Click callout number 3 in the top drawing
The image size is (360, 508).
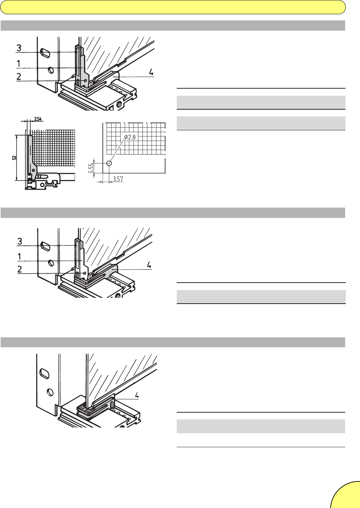[x=19, y=48]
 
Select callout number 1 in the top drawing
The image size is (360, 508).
[x=19, y=64]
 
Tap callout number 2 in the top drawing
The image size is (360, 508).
[x=19, y=77]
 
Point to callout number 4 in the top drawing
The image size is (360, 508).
[x=151, y=72]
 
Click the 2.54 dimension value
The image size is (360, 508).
[x=38, y=119]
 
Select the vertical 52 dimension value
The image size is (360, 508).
[x=14, y=157]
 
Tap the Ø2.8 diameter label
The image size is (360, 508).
[x=130, y=137]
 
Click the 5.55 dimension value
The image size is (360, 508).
[x=91, y=168]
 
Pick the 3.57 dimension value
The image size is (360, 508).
[x=118, y=179]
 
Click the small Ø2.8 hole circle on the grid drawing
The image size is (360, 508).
[x=109, y=163]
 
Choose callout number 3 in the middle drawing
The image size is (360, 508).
[x=20, y=241]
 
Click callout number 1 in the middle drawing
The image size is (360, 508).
[x=19, y=257]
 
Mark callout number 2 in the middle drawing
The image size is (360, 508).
[x=20, y=269]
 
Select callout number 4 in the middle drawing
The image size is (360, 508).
[x=149, y=265]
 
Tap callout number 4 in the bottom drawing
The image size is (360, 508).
[x=137, y=395]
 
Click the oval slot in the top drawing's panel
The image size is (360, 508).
[x=45, y=53]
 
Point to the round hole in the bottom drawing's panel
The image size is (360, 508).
[x=50, y=392]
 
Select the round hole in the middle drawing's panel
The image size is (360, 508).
[x=51, y=263]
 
